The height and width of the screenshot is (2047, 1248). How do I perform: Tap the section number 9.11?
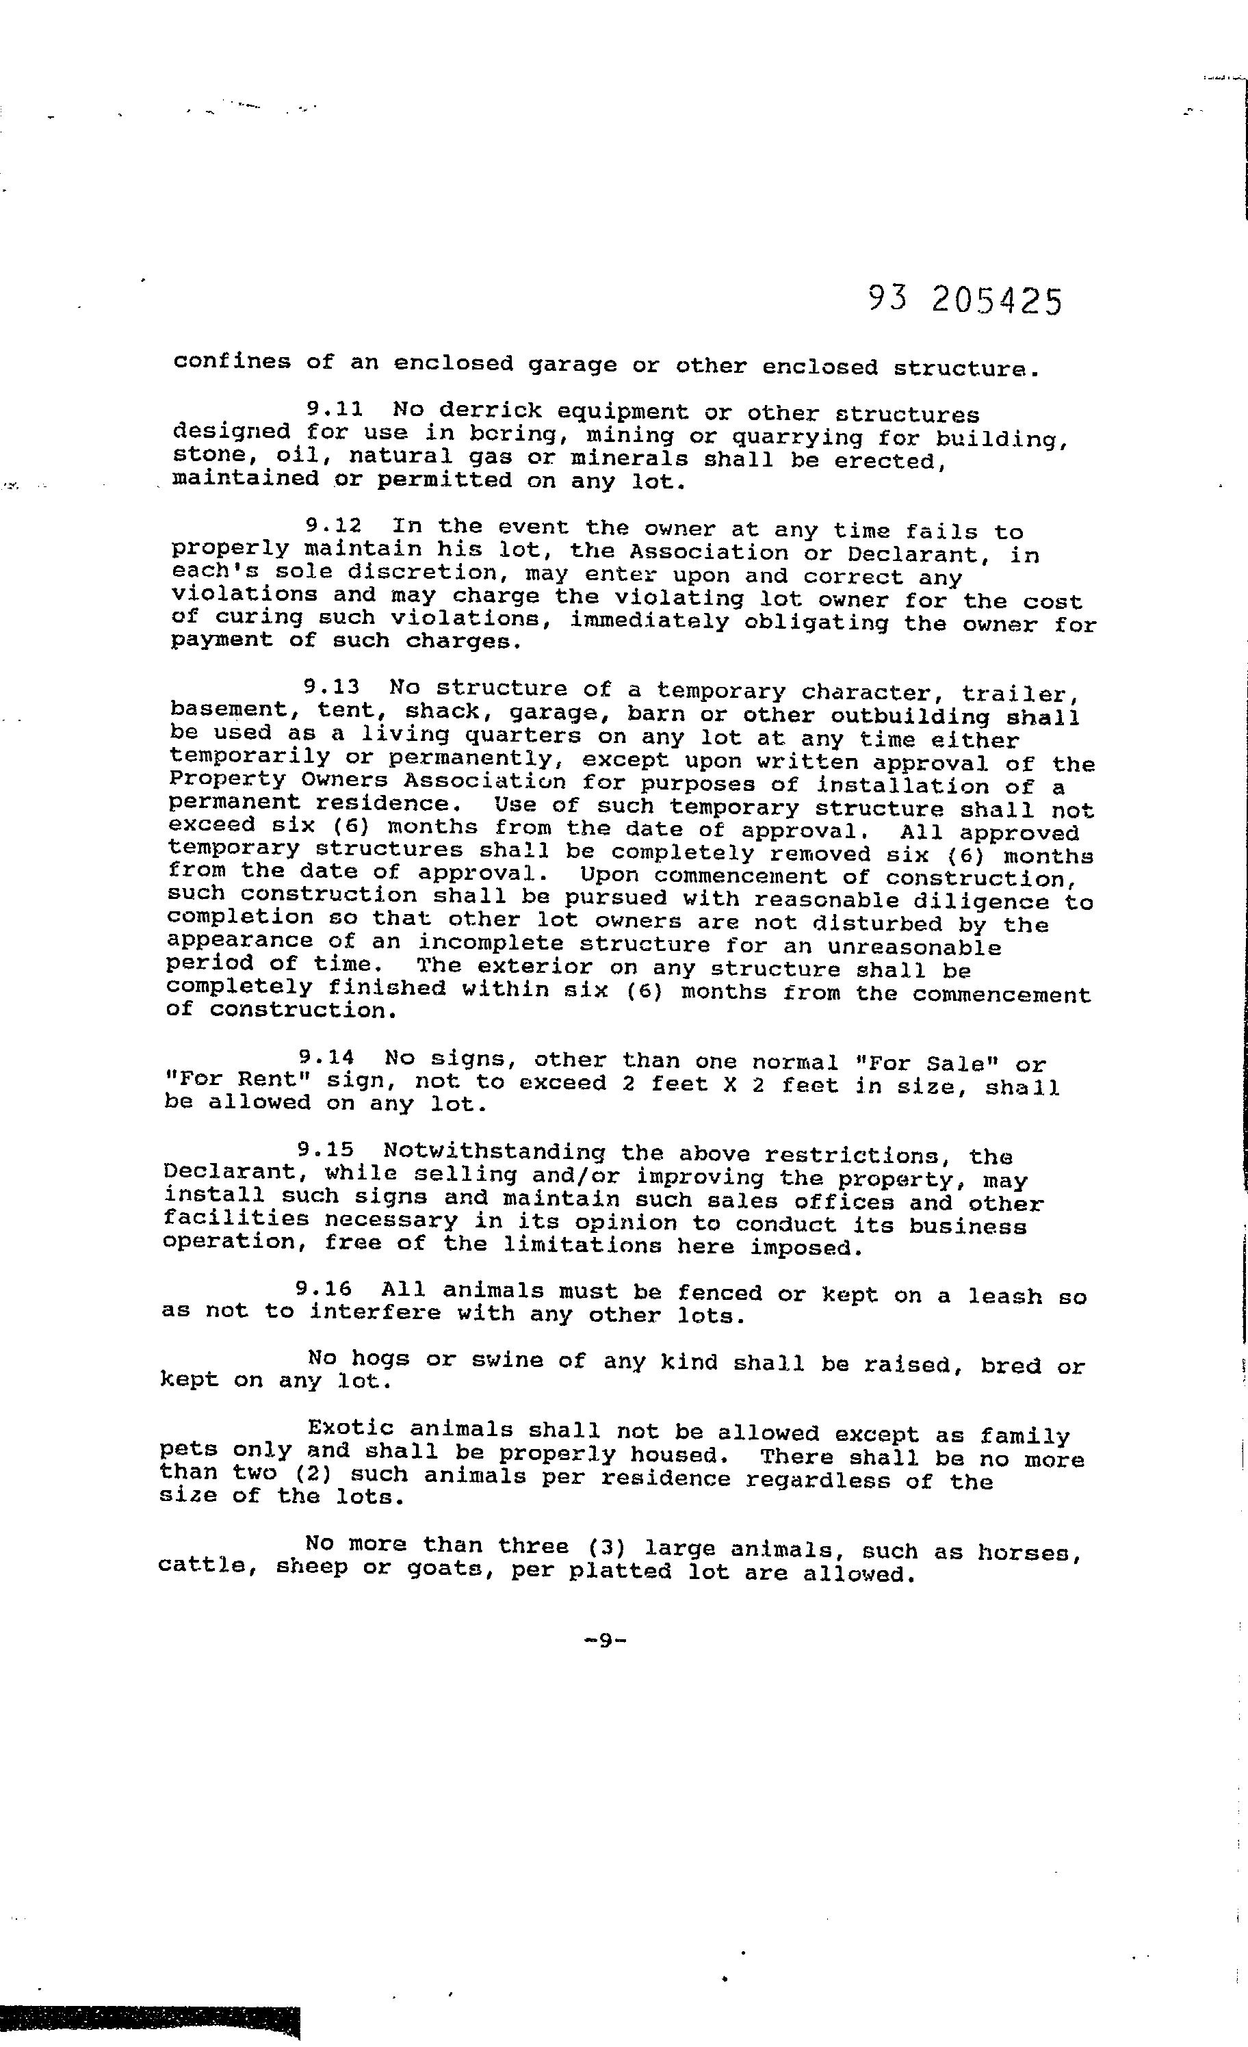335,410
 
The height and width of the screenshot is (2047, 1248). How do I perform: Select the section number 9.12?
334,525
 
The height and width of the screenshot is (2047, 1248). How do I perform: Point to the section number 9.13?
332,687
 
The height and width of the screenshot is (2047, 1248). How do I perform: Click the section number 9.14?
326,1058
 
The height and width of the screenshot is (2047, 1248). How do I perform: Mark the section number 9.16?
323,1290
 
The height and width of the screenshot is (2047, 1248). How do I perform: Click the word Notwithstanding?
495,1152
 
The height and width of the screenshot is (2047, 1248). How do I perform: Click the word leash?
1004,1295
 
